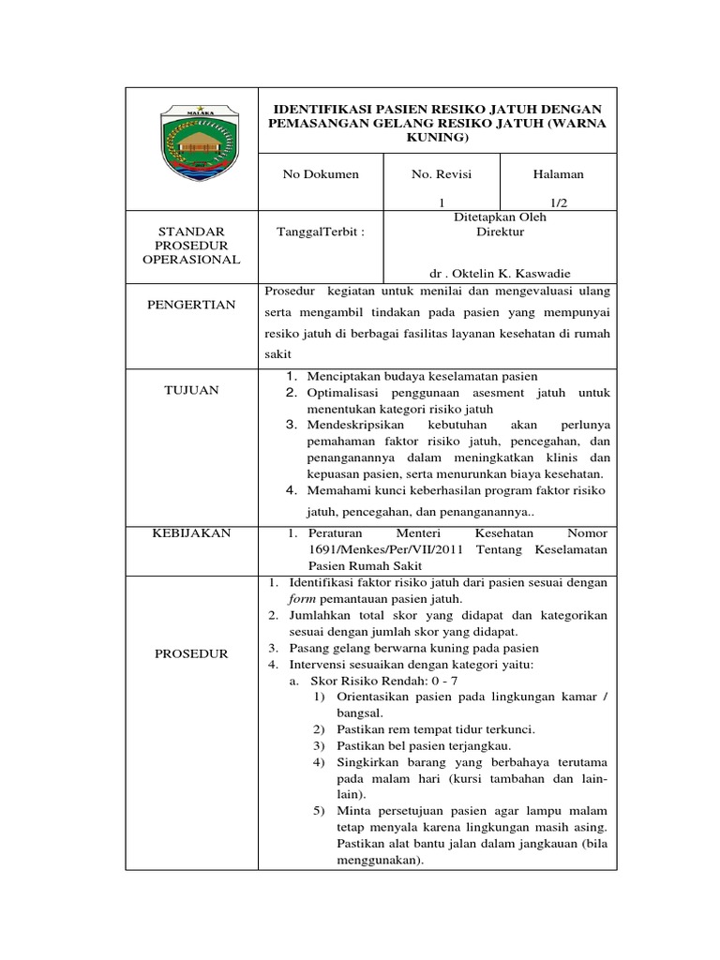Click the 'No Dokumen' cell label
[x=321, y=174]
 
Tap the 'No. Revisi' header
[x=442, y=174]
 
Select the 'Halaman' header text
[x=558, y=174]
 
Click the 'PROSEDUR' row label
[x=192, y=653]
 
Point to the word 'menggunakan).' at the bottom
[x=380, y=860]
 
